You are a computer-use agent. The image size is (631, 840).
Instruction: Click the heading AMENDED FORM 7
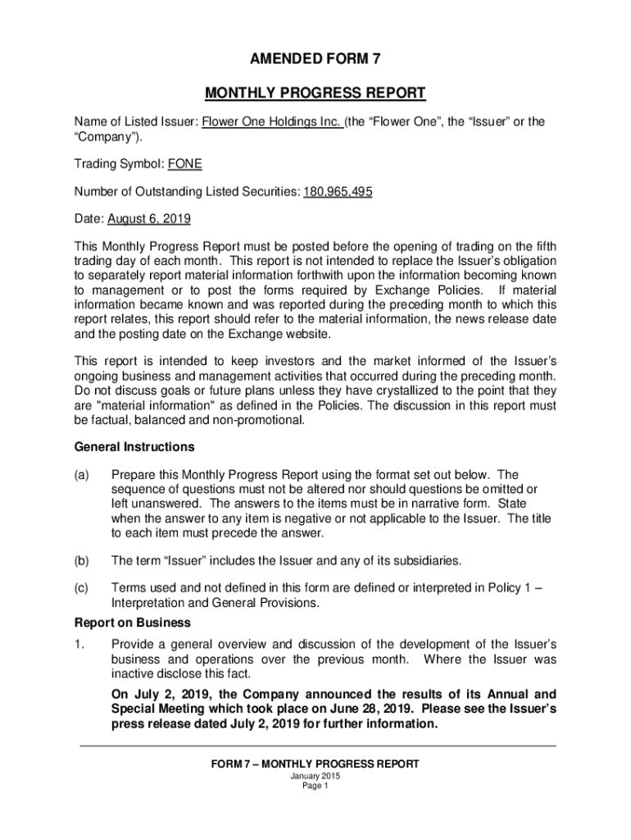coord(315,57)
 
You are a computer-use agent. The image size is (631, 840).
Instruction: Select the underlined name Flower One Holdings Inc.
coord(271,121)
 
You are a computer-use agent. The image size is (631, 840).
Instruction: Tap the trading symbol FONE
coord(184,164)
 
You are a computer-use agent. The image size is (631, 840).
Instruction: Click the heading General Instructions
coord(134,447)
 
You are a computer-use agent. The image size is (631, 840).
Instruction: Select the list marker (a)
coord(82,475)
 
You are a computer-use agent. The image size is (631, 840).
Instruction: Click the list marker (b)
coord(82,560)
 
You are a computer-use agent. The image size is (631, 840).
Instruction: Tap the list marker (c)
coord(82,588)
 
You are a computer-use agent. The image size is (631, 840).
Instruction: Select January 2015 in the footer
coord(315,776)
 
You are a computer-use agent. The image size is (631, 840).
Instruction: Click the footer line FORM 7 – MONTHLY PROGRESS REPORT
coord(315,764)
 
